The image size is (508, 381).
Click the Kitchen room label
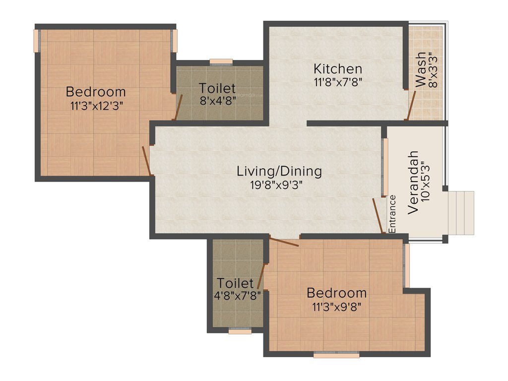pos(337,68)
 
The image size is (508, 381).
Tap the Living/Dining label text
pos(279,172)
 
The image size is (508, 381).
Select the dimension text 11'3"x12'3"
pos(96,105)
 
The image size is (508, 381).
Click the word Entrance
pos(392,214)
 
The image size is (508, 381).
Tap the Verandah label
pos(413,182)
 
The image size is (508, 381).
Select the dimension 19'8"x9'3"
pos(277,185)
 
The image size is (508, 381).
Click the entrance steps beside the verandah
pos(461,213)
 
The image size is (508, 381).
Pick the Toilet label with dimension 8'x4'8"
pos(217,88)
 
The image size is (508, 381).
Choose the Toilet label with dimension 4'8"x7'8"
pos(236,283)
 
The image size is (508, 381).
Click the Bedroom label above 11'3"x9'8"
pos(336,292)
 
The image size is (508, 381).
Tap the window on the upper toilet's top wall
pos(221,62)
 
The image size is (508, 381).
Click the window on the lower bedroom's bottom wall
pos(336,355)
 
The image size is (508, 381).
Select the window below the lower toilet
pos(240,331)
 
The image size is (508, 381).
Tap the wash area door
pos(410,105)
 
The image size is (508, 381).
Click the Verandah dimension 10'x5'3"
pos(426,182)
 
